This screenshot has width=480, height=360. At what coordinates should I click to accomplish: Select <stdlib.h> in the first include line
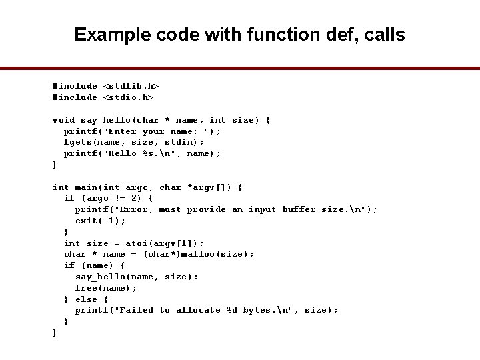pos(131,86)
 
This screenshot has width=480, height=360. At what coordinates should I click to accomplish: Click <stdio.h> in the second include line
pos(128,97)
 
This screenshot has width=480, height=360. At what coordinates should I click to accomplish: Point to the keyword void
pos(64,120)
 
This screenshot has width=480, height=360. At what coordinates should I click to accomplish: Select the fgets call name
pos(77,142)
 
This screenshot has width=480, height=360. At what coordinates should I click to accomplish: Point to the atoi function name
pos(136,243)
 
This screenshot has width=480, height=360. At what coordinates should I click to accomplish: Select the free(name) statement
pos(105,288)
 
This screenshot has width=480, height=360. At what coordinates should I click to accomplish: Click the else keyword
pos(86,299)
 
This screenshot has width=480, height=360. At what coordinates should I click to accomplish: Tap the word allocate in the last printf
pos(198,310)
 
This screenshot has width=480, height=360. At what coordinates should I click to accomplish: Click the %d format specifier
pos(231,310)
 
